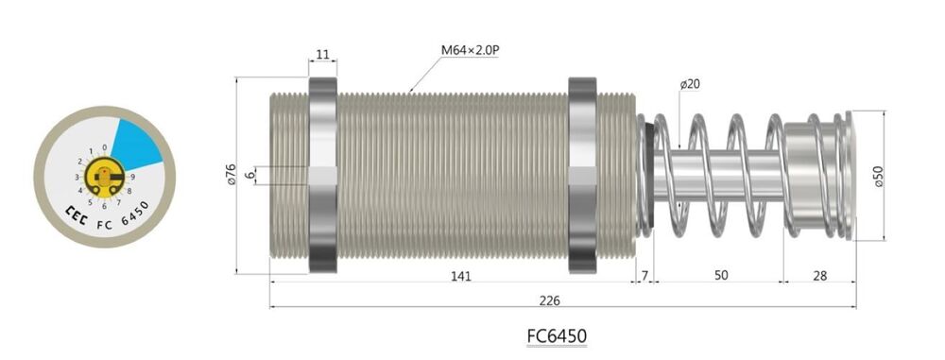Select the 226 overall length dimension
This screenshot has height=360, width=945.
coord(549,300)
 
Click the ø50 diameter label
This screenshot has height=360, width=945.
coord(878,177)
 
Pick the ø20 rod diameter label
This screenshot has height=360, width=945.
coord(689,84)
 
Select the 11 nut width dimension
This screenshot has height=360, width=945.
coord(322,55)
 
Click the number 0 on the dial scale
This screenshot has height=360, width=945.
coord(102,147)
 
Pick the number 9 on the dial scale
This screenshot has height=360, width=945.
coord(132,176)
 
